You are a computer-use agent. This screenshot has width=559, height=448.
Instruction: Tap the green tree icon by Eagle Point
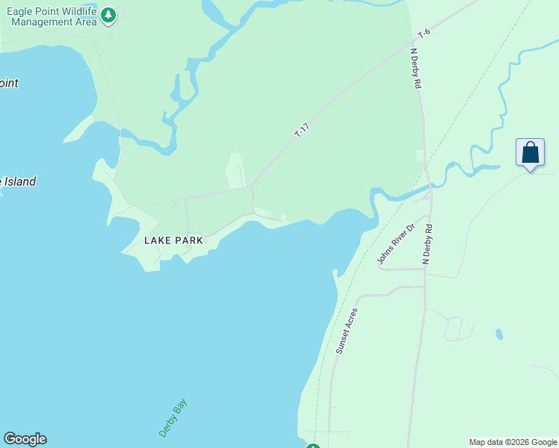(x=109, y=15)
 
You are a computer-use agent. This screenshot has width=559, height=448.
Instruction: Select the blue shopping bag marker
(x=530, y=153)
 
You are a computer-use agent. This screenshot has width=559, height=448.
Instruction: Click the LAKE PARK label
(x=173, y=240)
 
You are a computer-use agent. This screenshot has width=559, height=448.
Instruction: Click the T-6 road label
(x=424, y=34)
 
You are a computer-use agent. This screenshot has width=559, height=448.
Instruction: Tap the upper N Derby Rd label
(x=416, y=69)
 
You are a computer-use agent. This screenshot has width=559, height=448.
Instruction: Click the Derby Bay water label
(x=173, y=418)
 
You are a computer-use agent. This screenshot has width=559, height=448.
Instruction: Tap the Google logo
(x=25, y=439)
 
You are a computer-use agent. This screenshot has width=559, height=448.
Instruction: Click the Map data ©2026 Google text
(x=513, y=442)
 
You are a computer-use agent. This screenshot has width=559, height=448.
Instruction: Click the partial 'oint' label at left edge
(x=8, y=83)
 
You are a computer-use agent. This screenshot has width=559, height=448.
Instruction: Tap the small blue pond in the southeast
(x=498, y=334)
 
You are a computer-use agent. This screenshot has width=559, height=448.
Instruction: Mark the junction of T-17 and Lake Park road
(x=250, y=186)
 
